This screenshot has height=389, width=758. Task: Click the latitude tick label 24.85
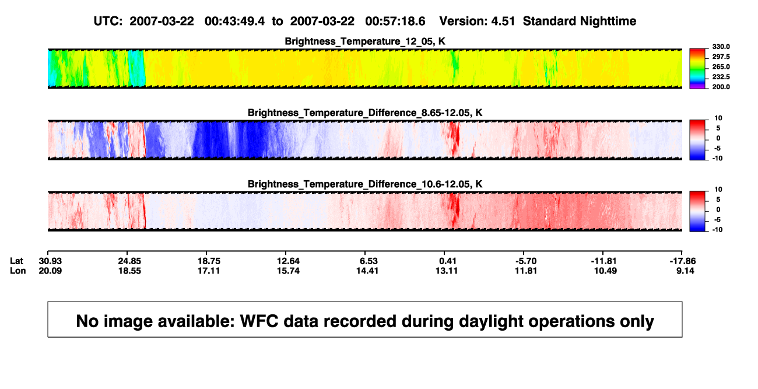(129, 261)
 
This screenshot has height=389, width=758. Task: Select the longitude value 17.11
(209, 271)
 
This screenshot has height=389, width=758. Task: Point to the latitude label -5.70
(526, 261)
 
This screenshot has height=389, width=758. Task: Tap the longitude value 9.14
(685, 271)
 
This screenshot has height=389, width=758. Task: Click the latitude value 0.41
(448, 261)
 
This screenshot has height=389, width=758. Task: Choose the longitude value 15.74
(288, 271)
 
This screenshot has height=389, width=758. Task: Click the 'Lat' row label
(16, 261)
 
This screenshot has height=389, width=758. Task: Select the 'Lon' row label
(18, 271)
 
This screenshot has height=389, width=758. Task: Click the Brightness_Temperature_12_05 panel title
(365, 41)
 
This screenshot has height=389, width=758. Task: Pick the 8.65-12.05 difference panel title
(365, 113)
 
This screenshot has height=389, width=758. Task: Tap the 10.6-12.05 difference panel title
(365, 184)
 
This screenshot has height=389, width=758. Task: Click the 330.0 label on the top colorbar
(721, 47)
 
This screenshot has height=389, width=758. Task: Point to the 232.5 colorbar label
(721, 77)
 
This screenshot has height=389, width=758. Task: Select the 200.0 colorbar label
(721, 87)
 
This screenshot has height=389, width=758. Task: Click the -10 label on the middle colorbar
(717, 158)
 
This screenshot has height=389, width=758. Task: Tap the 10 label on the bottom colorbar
(718, 190)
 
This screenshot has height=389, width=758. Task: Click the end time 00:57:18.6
(395, 22)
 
